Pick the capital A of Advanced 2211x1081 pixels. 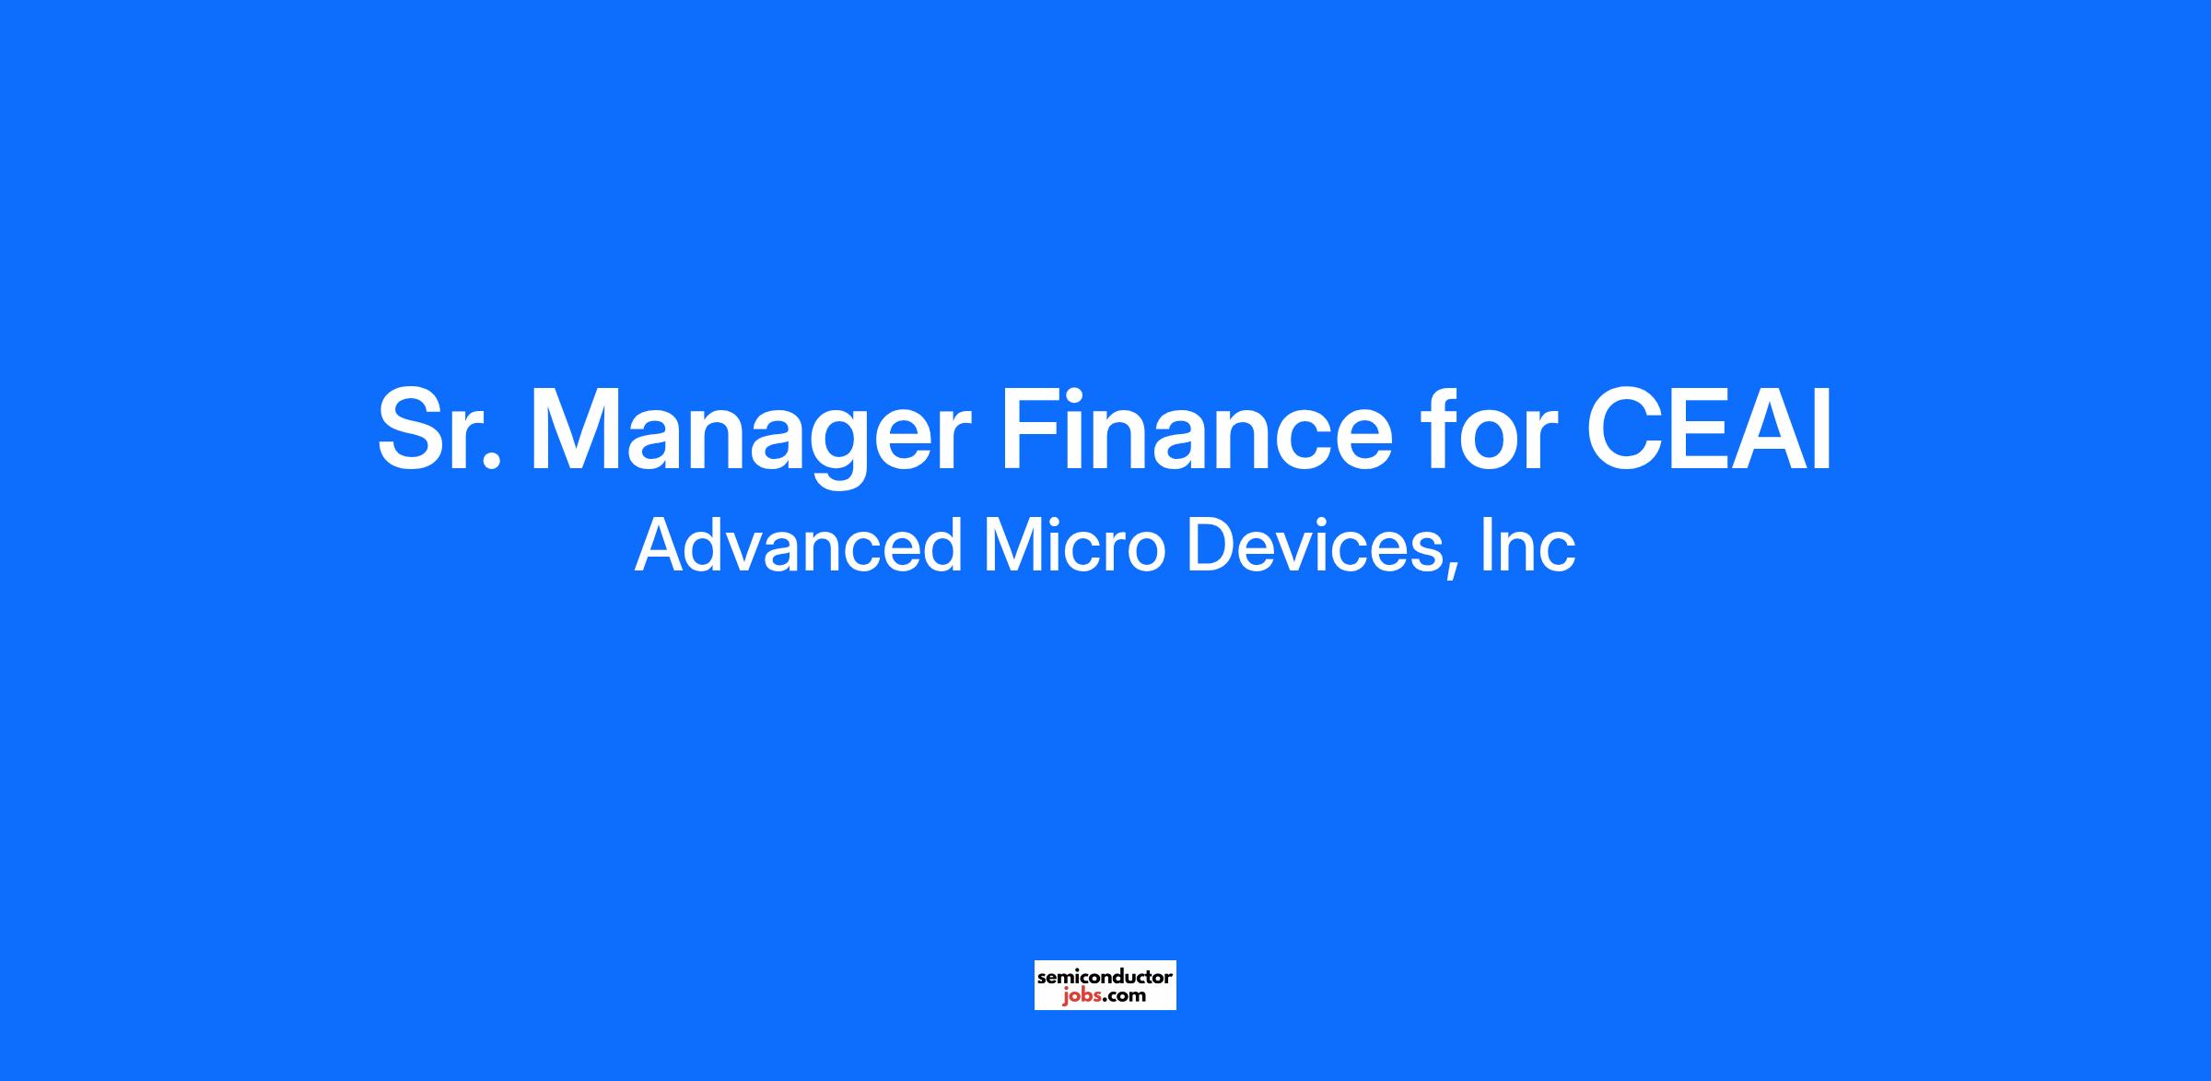click(661, 545)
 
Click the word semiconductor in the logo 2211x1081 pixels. click(1105, 977)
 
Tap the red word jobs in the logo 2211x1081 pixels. click(1082, 997)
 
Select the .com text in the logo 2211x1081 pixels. click(1125, 996)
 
